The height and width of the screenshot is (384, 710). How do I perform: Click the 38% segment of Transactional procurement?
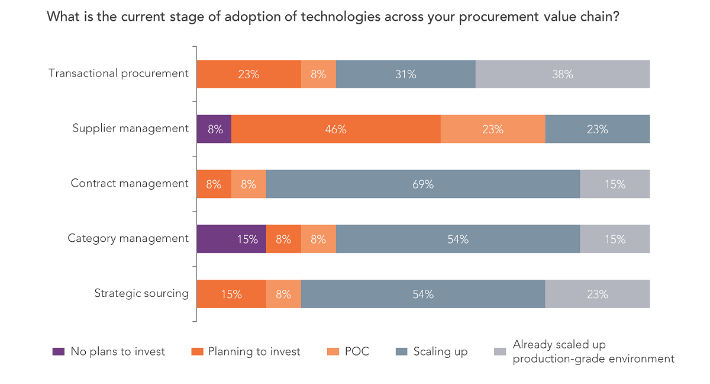(x=563, y=74)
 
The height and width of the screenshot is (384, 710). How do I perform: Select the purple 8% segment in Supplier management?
(x=214, y=129)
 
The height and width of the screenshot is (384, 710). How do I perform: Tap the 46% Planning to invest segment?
(x=335, y=129)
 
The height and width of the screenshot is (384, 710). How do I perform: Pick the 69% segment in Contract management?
(x=423, y=184)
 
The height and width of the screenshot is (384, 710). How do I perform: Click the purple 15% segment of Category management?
(x=231, y=239)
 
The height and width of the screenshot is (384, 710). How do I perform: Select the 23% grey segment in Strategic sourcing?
(x=597, y=294)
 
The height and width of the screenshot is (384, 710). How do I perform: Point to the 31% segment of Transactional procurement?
(x=406, y=74)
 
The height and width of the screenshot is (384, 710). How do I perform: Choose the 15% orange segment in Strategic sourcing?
(x=231, y=294)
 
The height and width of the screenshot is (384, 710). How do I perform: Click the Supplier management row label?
(x=130, y=129)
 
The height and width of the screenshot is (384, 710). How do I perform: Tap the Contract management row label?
(x=130, y=183)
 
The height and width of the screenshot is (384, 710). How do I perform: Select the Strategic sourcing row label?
(x=141, y=293)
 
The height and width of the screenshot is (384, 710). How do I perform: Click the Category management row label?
(x=128, y=238)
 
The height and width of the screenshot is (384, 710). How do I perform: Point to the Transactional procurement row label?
(x=118, y=73)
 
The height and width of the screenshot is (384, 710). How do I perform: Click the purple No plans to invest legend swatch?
(x=58, y=351)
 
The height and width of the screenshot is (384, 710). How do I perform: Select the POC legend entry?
(x=357, y=351)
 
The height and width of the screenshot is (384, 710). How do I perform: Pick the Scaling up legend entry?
(x=440, y=351)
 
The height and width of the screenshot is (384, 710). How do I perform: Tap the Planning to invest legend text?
(x=254, y=351)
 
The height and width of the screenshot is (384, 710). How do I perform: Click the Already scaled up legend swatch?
(x=500, y=351)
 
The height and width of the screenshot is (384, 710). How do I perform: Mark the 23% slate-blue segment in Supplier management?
(x=597, y=129)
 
